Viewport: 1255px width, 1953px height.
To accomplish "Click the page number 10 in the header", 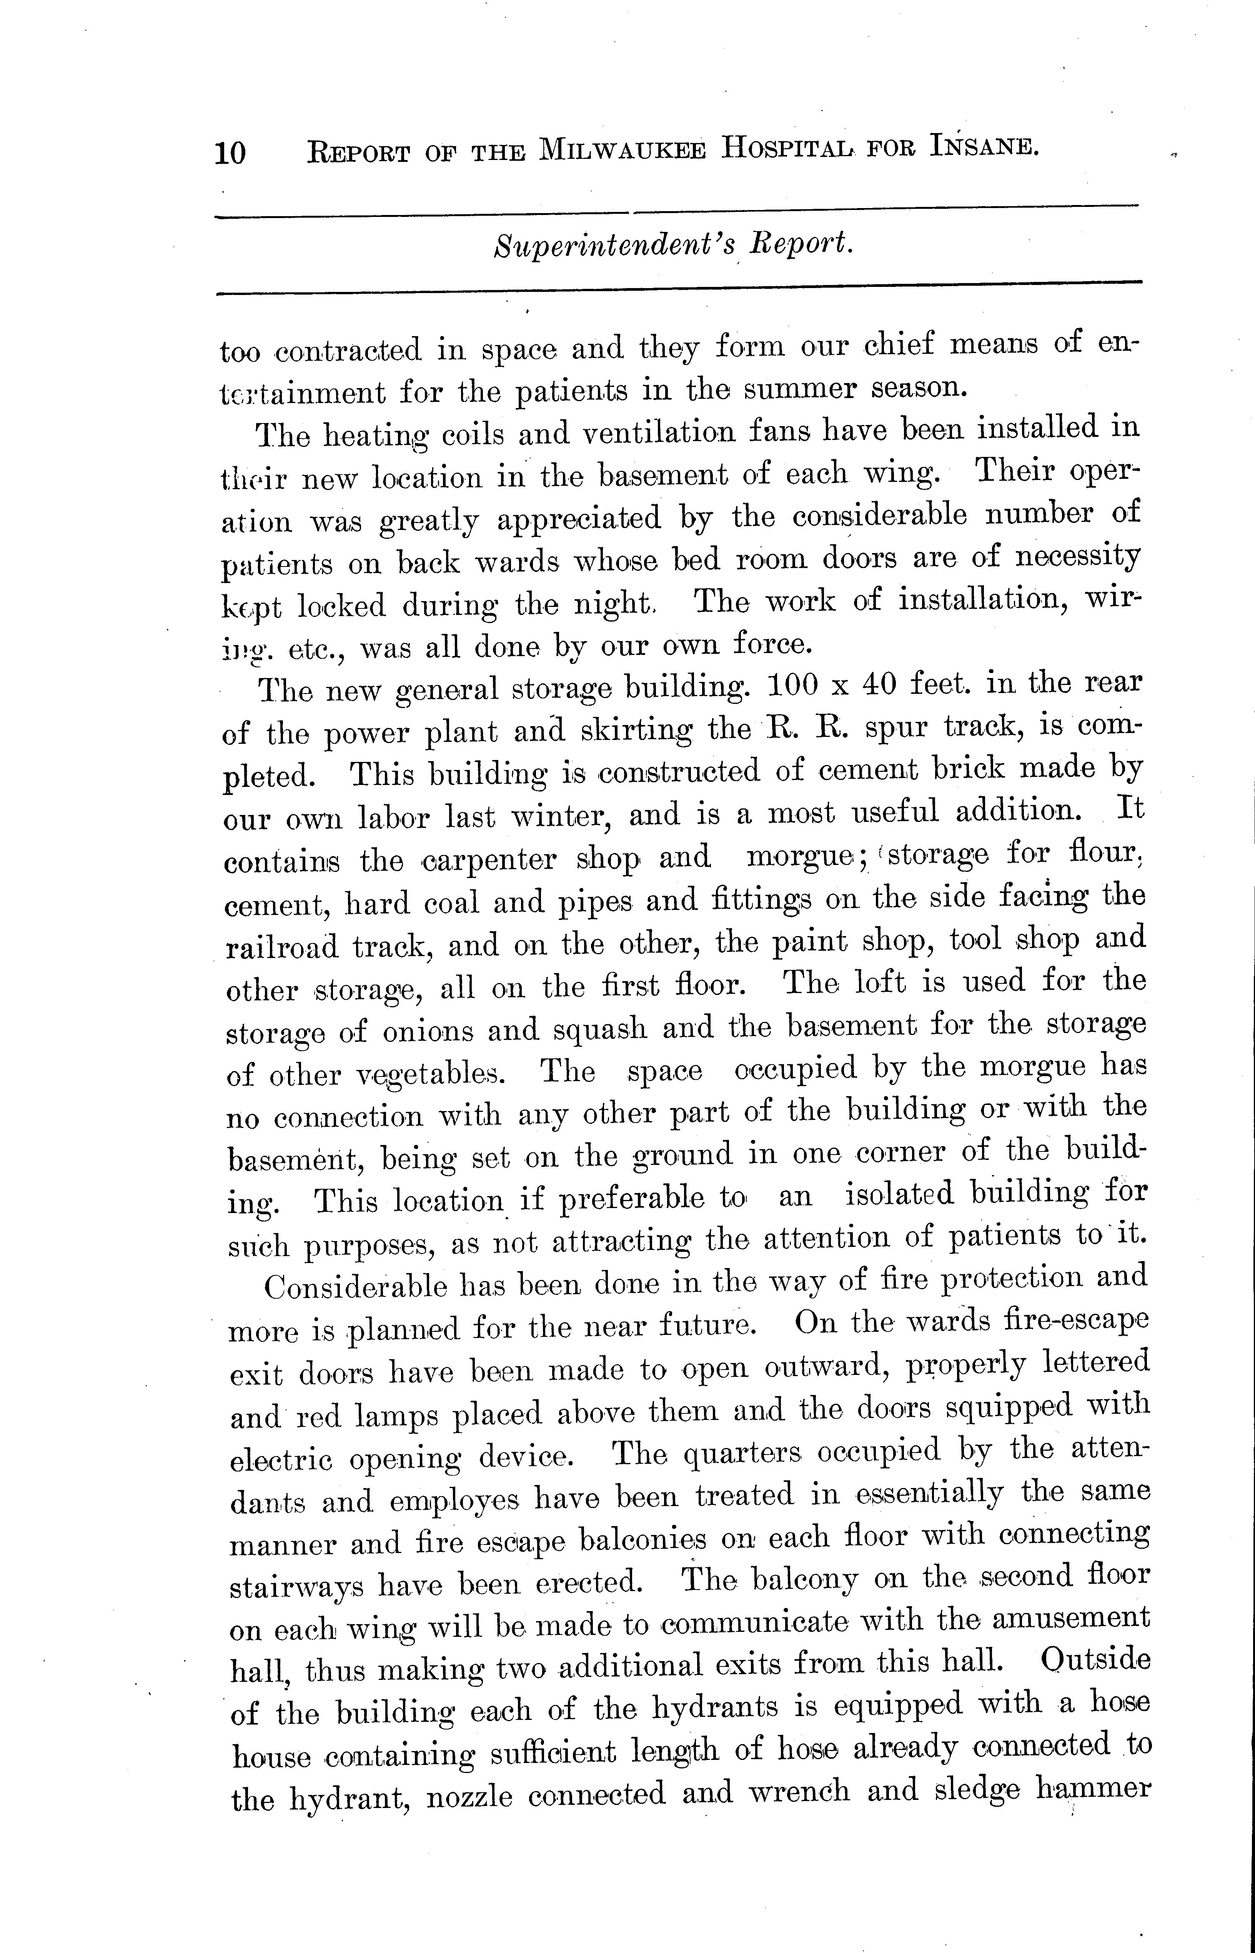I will (230, 152).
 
